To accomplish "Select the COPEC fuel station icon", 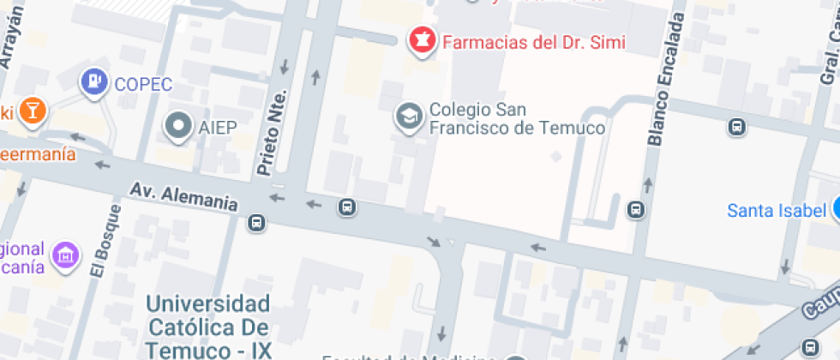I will tap(93, 82).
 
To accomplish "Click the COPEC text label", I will tap(143, 84).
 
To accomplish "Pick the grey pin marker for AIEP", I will tap(178, 127).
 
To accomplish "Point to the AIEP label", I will tap(217, 128).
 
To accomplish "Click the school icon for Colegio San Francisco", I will tap(407, 117).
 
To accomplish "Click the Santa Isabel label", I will tap(776, 210).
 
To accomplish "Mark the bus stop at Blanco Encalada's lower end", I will tap(636, 209).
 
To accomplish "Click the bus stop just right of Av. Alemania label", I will tap(256, 223).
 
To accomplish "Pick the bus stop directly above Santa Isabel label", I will tap(735, 128).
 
